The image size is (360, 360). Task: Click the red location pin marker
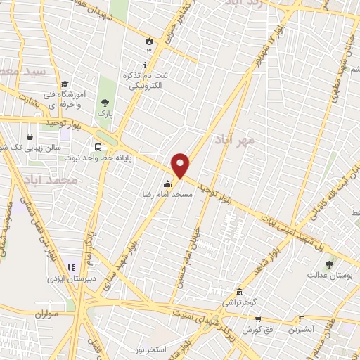click(x=181, y=165)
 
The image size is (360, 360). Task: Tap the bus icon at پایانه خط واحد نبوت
click(x=97, y=148)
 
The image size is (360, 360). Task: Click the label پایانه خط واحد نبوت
click(x=137, y=149)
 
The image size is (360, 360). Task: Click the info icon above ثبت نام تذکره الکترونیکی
click(x=145, y=65)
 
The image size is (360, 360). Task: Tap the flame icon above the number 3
click(x=148, y=41)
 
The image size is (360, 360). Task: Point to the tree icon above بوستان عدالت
click(x=328, y=264)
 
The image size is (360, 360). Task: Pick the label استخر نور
click(x=148, y=349)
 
